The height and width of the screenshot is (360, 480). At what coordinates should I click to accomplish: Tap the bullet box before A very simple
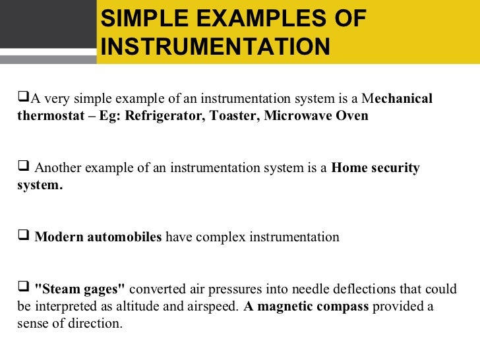click(23, 98)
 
